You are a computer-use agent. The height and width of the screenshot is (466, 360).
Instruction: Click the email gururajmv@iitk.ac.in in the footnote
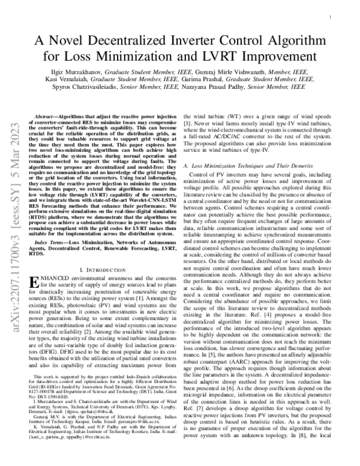tap(132, 438)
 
